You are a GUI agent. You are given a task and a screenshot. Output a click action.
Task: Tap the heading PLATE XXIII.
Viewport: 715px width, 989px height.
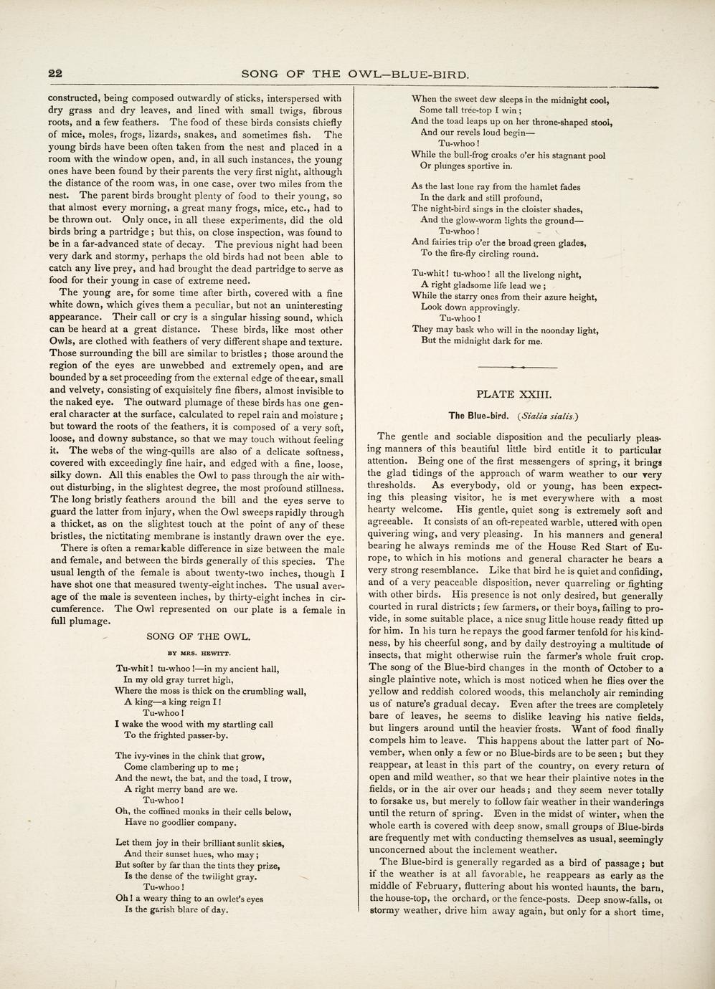click(x=513, y=393)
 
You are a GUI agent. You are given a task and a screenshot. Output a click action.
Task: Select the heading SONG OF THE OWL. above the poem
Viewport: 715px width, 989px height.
click(x=198, y=636)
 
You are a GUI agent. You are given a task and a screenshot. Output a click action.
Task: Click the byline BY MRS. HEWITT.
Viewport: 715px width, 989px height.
click(x=198, y=653)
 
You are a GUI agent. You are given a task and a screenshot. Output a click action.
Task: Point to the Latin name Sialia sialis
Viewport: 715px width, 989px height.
click(x=550, y=415)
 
